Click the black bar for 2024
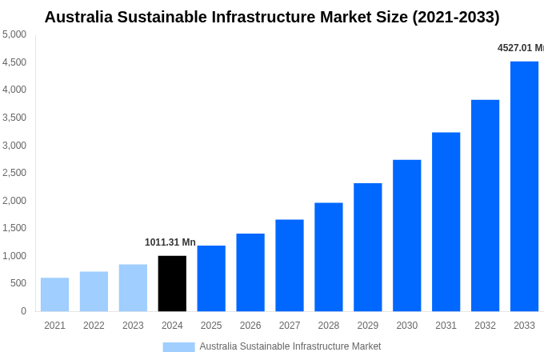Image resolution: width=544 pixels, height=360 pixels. tap(172, 283)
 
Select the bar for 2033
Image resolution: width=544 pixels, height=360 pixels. tap(524, 186)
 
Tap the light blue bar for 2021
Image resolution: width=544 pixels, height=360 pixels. tap(54, 294)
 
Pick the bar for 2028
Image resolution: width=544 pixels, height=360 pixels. tap(328, 257)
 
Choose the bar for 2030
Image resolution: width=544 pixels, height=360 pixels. tap(406, 235)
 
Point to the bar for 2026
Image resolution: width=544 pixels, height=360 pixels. tap(250, 272)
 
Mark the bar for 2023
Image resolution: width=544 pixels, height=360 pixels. tap(133, 287)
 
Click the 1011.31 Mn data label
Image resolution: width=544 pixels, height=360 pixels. tap(170, 242)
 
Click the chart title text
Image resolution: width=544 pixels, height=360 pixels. tap(272, 17)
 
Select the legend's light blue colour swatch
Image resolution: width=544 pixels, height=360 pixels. tap(178, 346)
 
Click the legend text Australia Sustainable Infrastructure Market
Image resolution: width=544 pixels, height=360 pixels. tap(290, 346)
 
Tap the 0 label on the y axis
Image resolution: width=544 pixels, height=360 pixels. tap(23, 311)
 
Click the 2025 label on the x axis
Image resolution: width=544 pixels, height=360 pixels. tap(211, 326)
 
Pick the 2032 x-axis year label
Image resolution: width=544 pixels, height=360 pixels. tap(485, 326)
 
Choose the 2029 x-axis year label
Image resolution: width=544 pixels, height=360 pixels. tap(367, 326)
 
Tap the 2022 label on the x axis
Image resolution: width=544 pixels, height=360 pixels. tap(94, 326)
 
